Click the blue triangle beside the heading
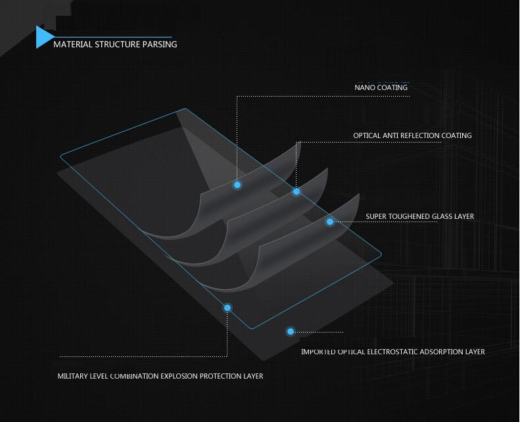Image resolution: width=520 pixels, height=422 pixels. point(44,37)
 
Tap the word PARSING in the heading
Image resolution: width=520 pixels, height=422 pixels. point(160,45)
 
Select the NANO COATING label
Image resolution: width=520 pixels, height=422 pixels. point(381,87)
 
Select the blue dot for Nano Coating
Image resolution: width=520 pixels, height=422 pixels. point(237,185)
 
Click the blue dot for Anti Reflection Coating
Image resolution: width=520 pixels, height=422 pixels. point(296,191)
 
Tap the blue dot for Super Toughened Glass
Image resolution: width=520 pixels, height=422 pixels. point(330,222)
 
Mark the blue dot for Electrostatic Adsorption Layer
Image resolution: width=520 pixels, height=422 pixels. point(290,332)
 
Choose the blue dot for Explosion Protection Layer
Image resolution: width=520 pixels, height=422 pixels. point(227,308)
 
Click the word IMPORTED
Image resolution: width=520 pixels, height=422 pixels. point(318,352)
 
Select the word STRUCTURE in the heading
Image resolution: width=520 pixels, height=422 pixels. point(117,45)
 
